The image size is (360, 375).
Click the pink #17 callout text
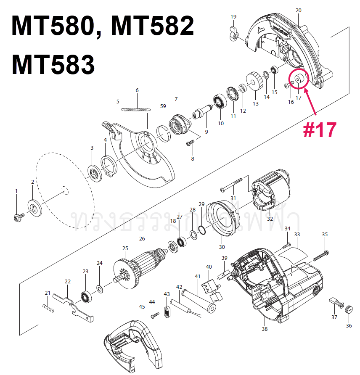(x=320, y=130)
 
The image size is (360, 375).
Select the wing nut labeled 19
(x=234, y=32)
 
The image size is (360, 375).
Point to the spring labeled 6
(x=136, y=109)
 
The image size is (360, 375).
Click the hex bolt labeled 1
(x=18, y=217)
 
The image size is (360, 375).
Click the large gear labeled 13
(x=254, y=82)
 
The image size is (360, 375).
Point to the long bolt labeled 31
(x=231, y=184)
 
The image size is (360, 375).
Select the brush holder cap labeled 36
(x=348, y=310)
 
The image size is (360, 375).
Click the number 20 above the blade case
(x=299, y=10)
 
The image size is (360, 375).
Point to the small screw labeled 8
(x=190, y=144)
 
